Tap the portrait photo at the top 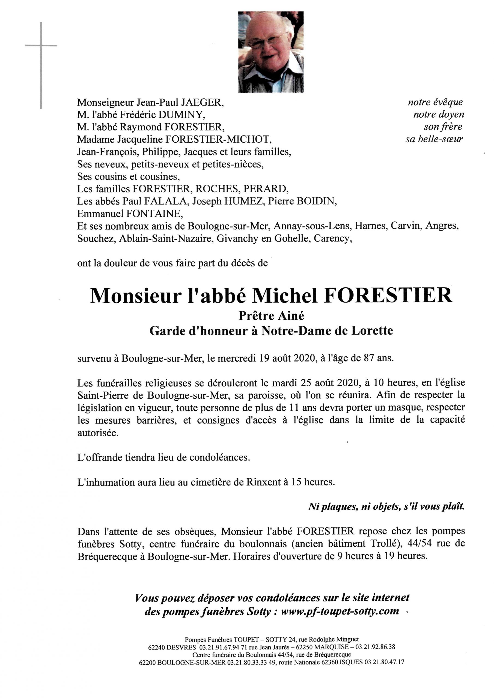(270, 52)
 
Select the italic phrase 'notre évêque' (435, 102)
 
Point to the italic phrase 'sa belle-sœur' (434, 139)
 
